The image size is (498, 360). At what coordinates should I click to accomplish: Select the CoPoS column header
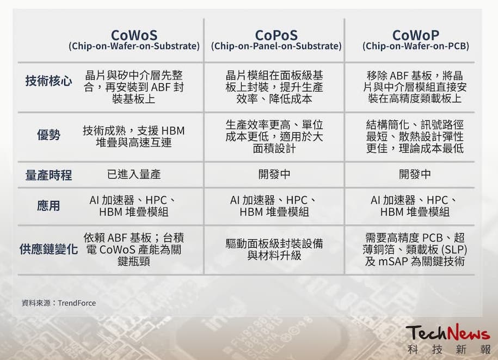tap(276, 35)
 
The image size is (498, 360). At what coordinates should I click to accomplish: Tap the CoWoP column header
tap(415, 35)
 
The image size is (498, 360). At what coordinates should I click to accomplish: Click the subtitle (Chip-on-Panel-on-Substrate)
tap(276, 46)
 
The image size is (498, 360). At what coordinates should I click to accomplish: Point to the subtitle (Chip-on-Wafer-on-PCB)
tap(416, 46)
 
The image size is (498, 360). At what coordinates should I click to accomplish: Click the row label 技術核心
tap(48, 82)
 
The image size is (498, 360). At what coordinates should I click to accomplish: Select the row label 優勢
tap(48, 135)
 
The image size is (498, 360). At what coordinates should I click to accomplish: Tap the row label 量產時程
tap(48, 175)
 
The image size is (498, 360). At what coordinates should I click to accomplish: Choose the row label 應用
tap(48, 206)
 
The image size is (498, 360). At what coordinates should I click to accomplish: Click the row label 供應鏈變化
tap(48, 249)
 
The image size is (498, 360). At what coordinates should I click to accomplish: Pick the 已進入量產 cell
tap(134, 174)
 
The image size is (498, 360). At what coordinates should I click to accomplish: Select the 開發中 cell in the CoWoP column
tap(415, 174)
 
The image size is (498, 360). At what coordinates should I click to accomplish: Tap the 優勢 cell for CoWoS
tap(134, 136)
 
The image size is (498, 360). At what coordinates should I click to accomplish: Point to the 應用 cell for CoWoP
tap(415, 206)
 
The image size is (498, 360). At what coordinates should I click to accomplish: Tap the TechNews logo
tap(447, 333)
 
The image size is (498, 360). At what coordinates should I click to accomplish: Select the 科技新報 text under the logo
tap(447, 349)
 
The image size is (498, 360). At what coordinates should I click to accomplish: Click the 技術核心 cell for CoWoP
tap(415, 87)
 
